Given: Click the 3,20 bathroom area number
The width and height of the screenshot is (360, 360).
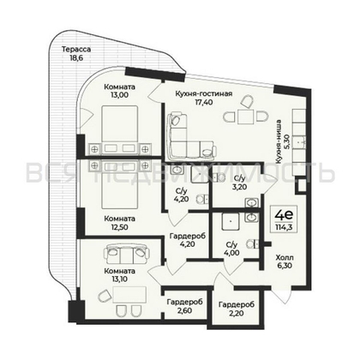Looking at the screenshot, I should (x=239, y=185).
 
